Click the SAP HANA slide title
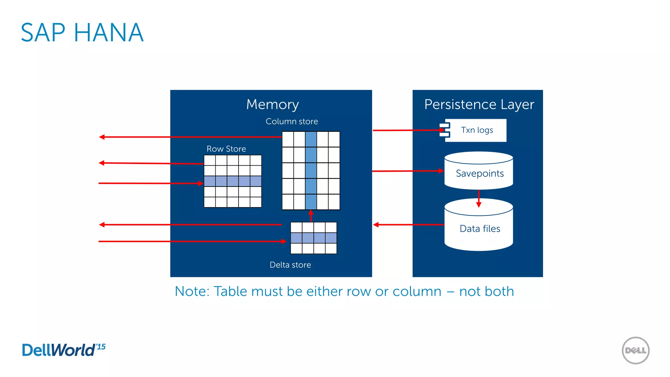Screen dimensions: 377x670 (82, 33)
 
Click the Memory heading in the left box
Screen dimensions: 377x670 (272, 104)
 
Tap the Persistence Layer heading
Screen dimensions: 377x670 (479, 104)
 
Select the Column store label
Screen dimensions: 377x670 (291, 121)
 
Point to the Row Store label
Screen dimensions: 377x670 (226, 149)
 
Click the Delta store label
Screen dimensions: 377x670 (290, 265)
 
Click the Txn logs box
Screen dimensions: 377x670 (476, 130)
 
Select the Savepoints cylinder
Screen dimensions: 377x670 (479, 173)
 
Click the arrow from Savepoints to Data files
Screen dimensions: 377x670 (479, 199)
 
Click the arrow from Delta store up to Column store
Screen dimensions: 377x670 (311, 216)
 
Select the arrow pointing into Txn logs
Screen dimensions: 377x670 (409, 130)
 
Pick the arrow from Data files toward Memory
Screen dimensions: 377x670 (409, 224)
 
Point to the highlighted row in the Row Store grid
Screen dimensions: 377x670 (233, 181)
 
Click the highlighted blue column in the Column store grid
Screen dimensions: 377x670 (311, 170)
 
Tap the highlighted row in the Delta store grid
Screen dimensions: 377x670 (313, 238)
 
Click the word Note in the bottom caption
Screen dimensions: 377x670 (191, 291)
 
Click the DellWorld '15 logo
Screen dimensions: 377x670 (63, 350)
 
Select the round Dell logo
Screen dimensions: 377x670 (635, 350)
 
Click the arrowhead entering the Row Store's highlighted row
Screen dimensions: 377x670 (200, 183)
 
